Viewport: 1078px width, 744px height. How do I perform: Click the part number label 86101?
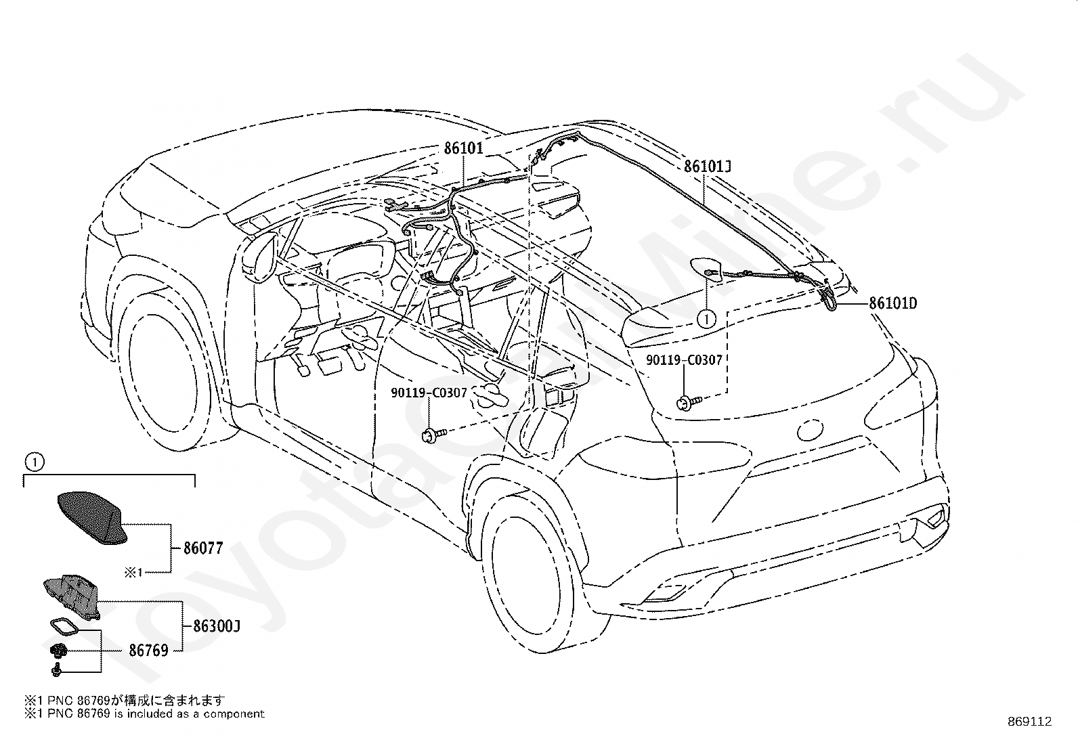(463, 148)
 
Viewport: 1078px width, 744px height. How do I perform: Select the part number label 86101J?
(708, 167)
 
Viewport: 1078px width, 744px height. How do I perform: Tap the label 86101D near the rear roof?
(892, 303)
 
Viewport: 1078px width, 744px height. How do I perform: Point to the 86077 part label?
(204, 548)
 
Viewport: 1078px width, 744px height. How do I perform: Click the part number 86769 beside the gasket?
(149, 651)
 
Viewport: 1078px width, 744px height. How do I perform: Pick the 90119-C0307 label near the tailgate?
(684, 360)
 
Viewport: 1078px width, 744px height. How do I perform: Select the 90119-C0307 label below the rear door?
(429, 393)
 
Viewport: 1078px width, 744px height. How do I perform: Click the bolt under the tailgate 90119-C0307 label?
(688, 402)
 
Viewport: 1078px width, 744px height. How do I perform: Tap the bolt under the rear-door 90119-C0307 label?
(433, 435)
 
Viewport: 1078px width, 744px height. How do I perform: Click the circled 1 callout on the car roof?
(706, 319)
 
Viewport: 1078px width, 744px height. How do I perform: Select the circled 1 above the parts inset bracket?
(35, 462)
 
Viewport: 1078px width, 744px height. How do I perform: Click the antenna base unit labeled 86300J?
(72, 596)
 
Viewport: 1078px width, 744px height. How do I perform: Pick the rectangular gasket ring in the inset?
(64, 629)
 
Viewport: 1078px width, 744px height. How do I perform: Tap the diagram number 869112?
(1029, 722)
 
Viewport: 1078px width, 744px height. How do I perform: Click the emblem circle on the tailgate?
(810, 430)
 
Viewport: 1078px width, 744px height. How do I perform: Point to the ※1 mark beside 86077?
(133, 572)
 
